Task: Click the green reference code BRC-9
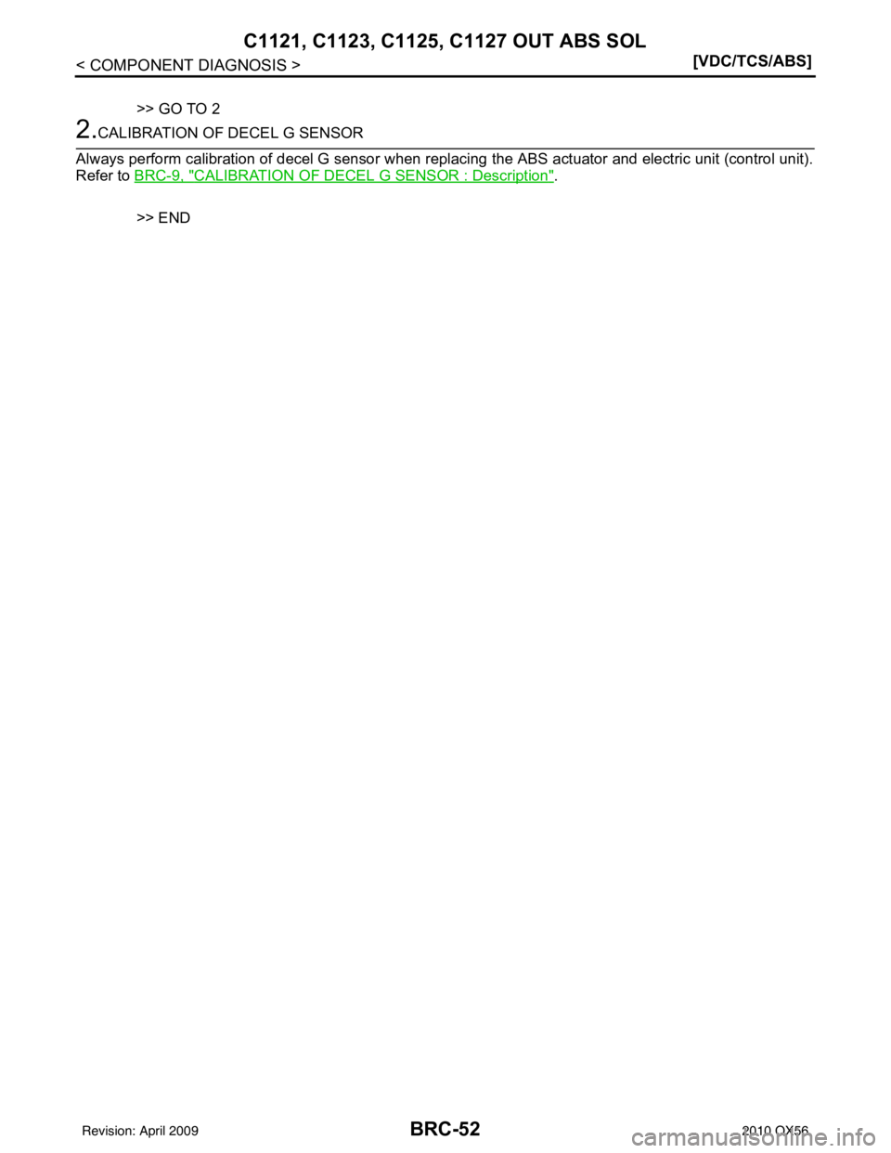pos(158,175)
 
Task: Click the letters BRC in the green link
pos(148,175)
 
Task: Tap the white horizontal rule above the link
pos(445,148)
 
